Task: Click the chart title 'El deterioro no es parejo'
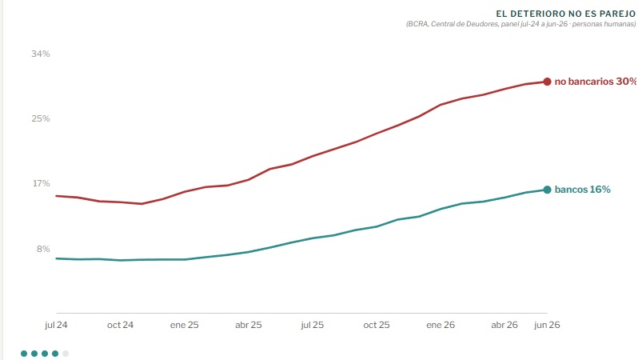(x=565, y=14)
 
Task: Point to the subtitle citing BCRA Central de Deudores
(x=520, y=24)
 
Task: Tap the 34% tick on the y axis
(x=41, y=54)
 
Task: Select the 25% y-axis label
(x=41, y=118)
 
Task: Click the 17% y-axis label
(x=41, y=183)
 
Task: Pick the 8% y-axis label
(x=43, y=249)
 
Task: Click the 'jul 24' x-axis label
(x=56, y=325)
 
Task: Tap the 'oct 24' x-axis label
(x=120, y=325)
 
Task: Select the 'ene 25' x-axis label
(x=185, y=325)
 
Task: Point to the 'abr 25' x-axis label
(x=248, y=325)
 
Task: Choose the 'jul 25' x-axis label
(x=312, y=325)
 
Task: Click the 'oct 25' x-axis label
(x=377, y=325)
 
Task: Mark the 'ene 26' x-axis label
(x=441, y=325)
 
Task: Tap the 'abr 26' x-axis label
(x=504, y=325)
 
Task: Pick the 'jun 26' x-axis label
(x=547, y=325)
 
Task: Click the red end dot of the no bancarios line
(x=548, y=82)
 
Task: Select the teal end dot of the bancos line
(x=548, y=190)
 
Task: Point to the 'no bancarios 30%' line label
(x=596, y=82)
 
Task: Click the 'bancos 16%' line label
(x=583, y=190)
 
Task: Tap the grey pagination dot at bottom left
(x=66, y=354)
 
